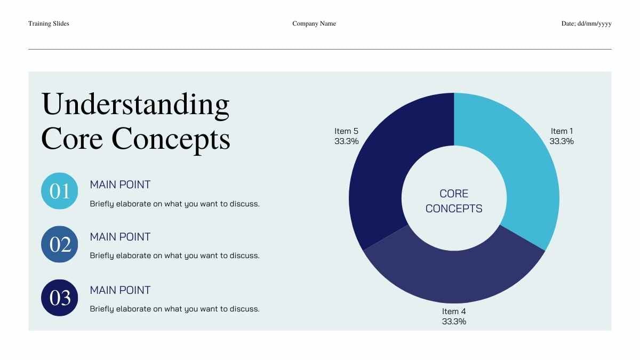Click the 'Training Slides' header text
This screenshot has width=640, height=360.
(x=49, y=23)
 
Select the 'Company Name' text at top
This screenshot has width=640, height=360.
(x=314, y=23)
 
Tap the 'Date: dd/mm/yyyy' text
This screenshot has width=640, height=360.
(x=586, y=23)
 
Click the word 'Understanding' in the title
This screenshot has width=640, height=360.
(x=135, y=105)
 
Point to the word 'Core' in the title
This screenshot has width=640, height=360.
(x=72, y=139)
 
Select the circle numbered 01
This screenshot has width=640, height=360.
(x=59, y=191)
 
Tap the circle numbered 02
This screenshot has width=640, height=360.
(x=59, y=244)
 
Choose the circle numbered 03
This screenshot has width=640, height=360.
(x=59, y=298)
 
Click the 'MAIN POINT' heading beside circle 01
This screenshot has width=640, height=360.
(x=120, y=185)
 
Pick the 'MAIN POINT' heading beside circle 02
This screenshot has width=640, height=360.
(x=120, y=237)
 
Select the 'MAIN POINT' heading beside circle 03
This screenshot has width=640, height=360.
(x=120, y=290)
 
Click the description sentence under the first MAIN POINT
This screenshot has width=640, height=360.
(x=174, y=204)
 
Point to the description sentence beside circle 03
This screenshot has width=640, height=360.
(x=174, y=309)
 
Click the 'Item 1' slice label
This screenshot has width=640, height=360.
(x=562, y=131)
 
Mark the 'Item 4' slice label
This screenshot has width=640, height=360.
(x=454, y=311)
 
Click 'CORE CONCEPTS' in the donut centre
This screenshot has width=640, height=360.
(x=454, y=201)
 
